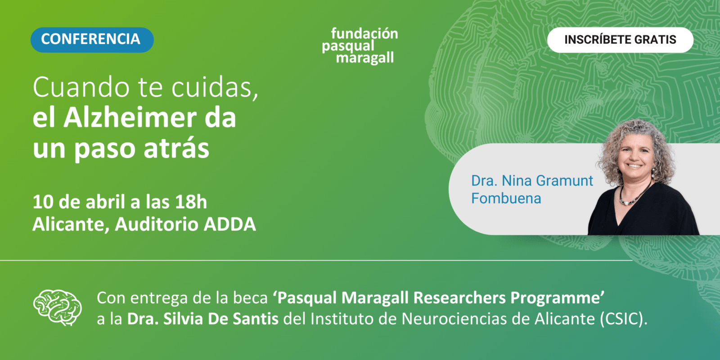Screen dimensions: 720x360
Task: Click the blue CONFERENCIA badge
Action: point(92,40)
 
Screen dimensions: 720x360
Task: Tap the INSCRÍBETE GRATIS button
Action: point(620,40)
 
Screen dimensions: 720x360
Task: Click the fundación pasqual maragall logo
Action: point(360,45)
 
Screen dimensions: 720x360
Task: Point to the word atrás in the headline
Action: point(176,148)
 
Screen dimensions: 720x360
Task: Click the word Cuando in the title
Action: point(81,87)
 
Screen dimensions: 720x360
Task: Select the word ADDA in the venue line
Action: point(230,224)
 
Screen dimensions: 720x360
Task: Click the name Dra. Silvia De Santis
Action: point(203,319)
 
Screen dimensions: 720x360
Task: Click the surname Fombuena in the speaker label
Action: point(506,198)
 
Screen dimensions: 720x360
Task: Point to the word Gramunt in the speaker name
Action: point(564,180)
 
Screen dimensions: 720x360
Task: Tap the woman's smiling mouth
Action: point(635,166)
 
